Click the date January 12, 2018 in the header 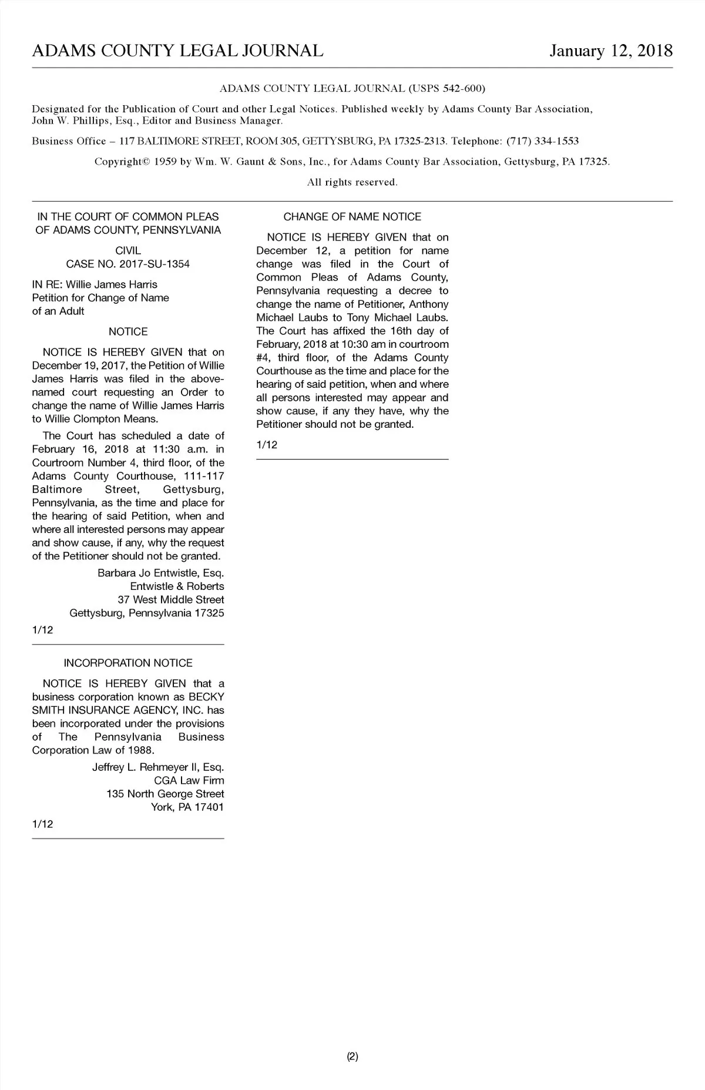click(610, 51)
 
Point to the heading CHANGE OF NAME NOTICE click(352, 217)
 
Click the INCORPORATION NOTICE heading click(128, 663)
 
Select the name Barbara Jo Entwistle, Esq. click(160, 573)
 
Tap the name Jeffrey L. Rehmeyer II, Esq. click(158, 767)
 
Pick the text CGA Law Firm click(189, 781)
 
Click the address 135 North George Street click(165, 794)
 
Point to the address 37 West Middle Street click(170, 600)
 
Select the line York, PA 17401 click(187, 807)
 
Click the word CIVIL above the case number click(128, 251)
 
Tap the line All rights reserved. click(352, 183)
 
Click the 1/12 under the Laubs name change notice click(267, 445)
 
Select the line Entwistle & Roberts click(177, 586)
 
